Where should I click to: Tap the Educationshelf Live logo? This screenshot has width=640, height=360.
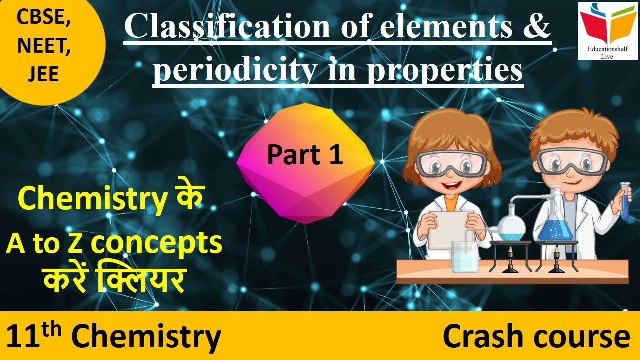[x=608, y=31]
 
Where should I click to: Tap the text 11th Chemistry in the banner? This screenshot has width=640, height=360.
[x=114, y=336]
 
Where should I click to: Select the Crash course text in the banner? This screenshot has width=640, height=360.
[x=536, y=336]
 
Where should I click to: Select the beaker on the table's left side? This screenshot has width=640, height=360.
[x=464, y=257]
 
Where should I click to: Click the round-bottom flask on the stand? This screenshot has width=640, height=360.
[x=510, y=225]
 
